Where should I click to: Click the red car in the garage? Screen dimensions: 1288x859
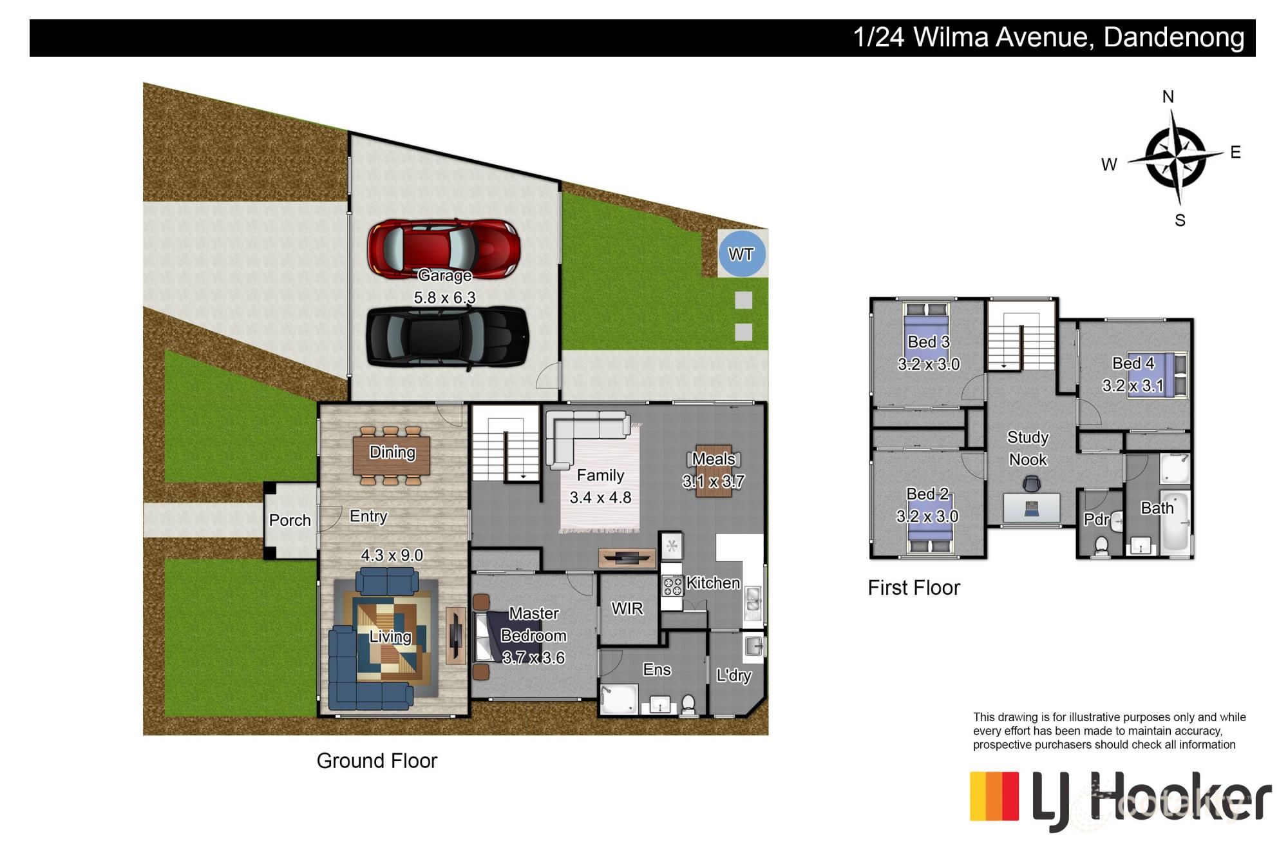444,249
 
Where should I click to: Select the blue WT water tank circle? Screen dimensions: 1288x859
742,253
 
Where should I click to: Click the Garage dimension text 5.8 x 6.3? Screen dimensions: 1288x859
444,298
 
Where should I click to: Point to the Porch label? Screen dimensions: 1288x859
290,520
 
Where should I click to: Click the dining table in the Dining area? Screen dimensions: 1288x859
392,456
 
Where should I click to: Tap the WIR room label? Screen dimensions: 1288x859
627,608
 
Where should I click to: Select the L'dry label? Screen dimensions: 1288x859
734,675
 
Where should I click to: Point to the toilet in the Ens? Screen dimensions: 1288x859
688,704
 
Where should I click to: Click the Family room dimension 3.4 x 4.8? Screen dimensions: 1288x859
600,497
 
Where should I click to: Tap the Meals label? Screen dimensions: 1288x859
714,459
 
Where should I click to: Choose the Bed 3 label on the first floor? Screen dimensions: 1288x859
929,342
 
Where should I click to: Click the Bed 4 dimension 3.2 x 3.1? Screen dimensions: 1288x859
1133,385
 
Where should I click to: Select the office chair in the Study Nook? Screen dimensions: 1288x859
1032,483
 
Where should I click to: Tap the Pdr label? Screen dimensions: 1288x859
1096,519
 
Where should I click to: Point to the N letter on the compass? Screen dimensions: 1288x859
1168,97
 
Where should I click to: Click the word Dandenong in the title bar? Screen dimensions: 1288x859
1174,37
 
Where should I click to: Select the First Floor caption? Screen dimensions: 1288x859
914,588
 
